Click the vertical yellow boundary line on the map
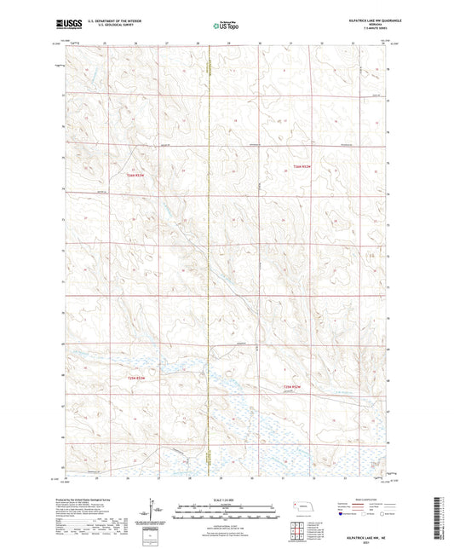click(209, 256)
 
